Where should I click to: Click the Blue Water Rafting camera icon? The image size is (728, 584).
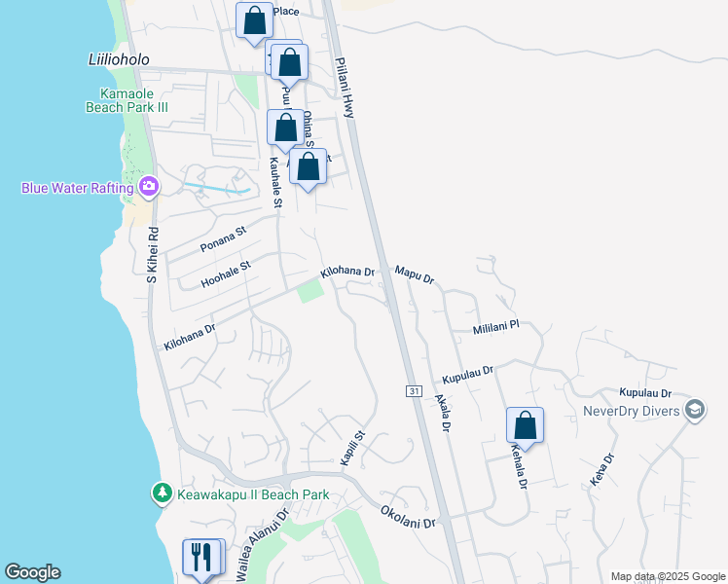149,186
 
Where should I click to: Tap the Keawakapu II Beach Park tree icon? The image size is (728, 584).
163,494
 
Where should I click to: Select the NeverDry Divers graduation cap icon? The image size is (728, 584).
695,410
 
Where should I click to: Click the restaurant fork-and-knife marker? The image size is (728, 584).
202,557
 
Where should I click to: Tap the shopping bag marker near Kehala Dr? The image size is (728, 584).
525,425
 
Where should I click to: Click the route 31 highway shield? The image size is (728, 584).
413,390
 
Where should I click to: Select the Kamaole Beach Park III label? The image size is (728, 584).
126,98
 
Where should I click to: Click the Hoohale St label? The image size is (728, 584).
226,273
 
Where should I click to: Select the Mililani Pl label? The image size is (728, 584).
496,328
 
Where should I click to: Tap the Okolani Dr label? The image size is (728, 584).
408,516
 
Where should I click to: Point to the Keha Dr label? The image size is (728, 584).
601,470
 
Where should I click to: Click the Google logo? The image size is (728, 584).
32,572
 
